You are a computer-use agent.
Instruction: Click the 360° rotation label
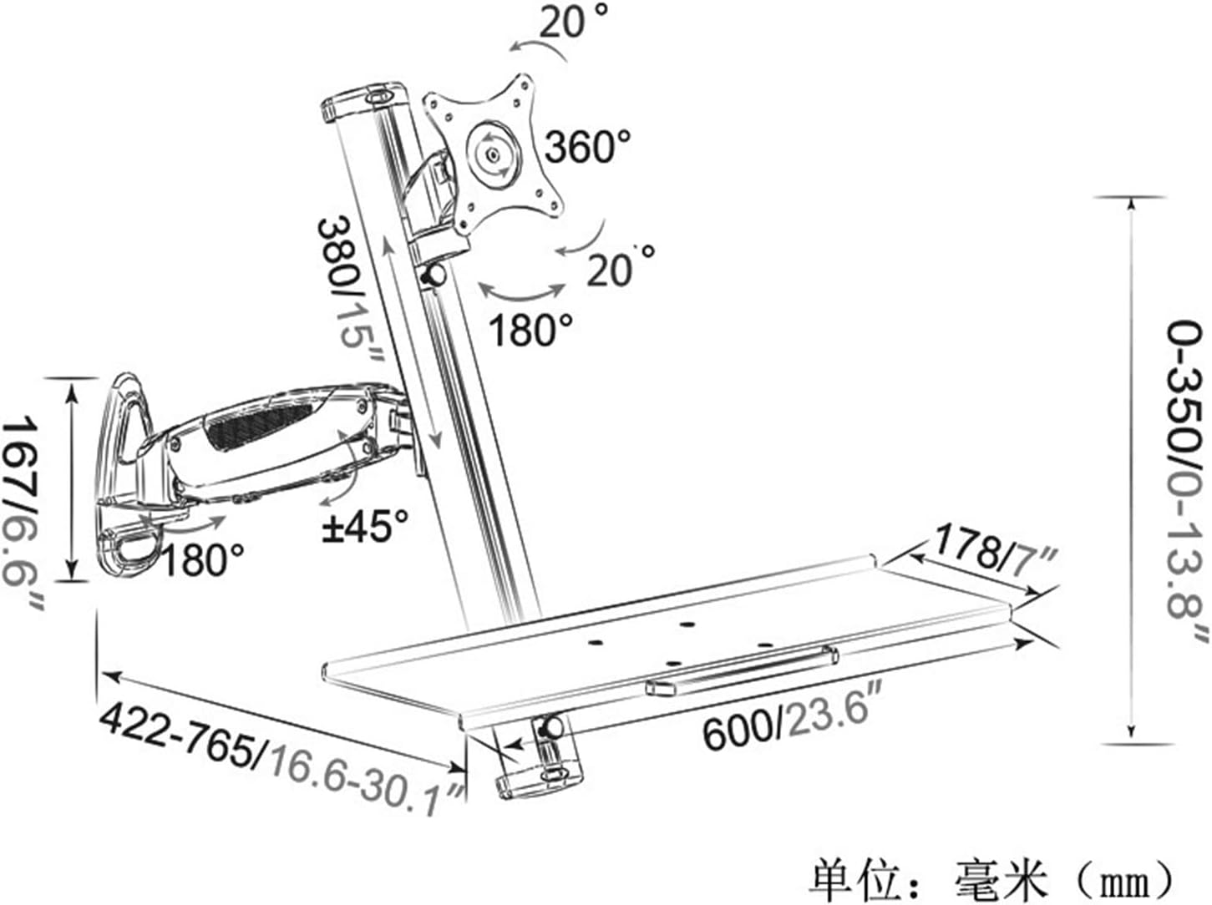(587, 146)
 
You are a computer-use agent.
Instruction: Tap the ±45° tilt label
(366, 526)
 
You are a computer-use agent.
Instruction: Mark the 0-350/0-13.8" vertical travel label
(1184, 484)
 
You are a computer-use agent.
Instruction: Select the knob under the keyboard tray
(551, 728)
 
